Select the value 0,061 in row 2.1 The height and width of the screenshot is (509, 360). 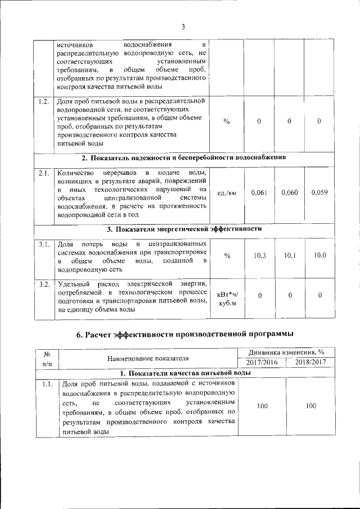click(x=259, y=192)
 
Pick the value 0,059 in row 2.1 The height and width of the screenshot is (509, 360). click(x=319, y=192)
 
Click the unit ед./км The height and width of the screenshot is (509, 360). click(x=227, y=193)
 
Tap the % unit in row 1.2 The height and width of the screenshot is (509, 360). click(x=227, y=121)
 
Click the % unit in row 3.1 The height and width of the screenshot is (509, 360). click(x=227, y=256)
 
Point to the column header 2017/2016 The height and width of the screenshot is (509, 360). click(x=262, y=362)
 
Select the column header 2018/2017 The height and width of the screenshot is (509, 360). click(x=310, y=362)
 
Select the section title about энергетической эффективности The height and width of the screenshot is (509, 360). click(x=184, y=229)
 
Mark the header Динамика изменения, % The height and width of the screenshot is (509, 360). click(x=286, y=352)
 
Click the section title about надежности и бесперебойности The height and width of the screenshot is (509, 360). click(x=184, y=157)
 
